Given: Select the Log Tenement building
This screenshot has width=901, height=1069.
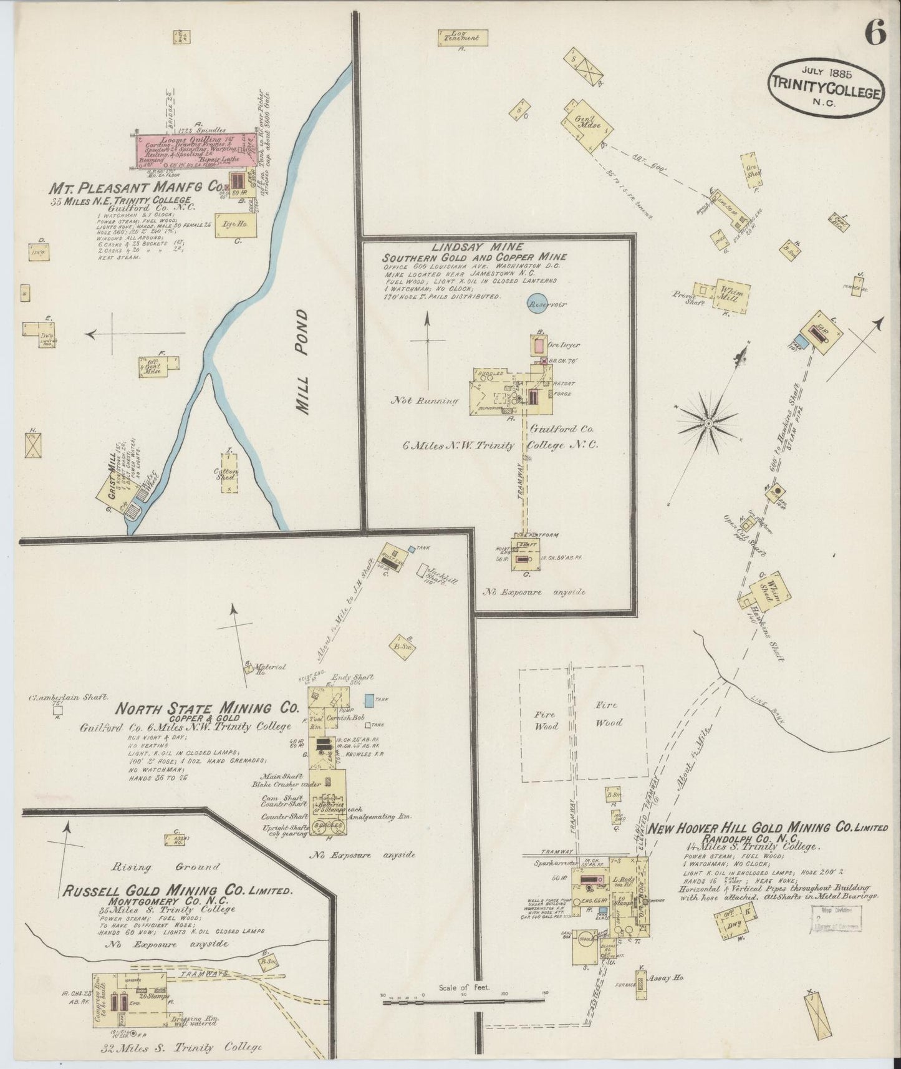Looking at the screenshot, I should coord(461,37).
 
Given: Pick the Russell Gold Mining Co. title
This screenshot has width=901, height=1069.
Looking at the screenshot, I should coord(176,891).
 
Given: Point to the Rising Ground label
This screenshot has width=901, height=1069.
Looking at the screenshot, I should coord(166,866).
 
